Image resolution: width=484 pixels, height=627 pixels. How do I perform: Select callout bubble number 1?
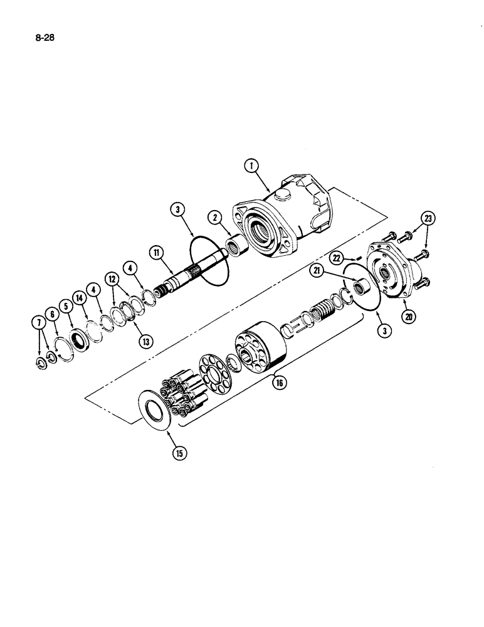pos(252,166)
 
